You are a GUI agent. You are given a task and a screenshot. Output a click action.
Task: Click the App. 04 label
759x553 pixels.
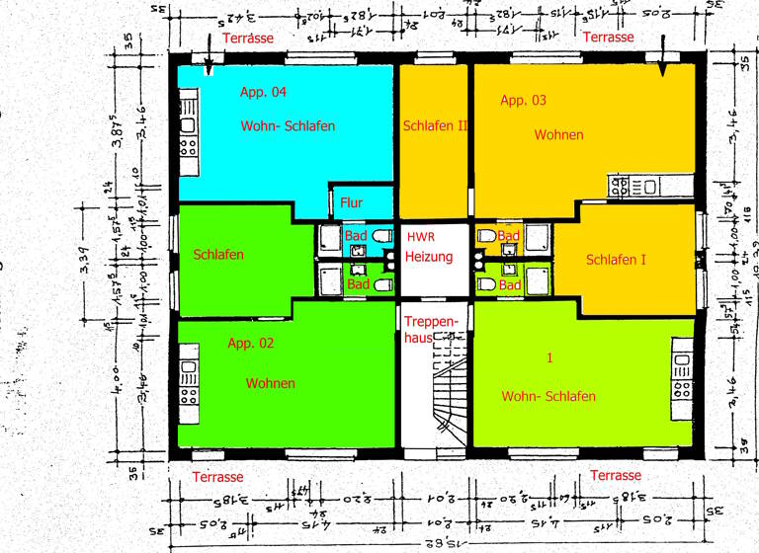[263, 93]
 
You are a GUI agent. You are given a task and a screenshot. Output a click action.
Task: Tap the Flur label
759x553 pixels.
[351, 203]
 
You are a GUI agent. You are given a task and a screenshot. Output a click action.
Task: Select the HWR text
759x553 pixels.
[420, 237]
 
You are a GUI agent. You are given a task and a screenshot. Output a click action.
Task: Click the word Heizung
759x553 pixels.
[429, 257]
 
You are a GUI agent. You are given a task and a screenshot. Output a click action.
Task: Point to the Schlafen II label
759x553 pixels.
[434, 126]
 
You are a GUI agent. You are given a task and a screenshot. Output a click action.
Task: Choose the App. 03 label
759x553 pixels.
[523, 101]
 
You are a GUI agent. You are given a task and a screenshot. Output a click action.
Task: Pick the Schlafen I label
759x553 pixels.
[616, 260]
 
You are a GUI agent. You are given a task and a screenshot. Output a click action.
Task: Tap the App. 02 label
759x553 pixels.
[250, 344]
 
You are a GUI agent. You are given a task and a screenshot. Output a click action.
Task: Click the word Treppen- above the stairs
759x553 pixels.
[432, 322]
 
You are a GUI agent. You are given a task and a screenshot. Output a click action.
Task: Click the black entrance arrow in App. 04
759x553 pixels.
[209, 66]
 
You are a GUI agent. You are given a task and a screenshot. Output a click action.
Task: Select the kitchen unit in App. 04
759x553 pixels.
[188, 126]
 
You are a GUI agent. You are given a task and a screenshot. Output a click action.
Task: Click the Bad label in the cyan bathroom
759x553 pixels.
[356, 236]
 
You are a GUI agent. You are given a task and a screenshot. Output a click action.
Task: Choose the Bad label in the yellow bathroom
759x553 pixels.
[509, 236]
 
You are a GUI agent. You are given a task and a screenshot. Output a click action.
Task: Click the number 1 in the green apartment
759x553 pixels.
[549, 357]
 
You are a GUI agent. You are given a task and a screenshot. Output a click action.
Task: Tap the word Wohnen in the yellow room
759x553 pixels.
[558, 134]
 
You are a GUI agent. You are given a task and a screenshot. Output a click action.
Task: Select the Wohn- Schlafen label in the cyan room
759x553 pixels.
[288, 126]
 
